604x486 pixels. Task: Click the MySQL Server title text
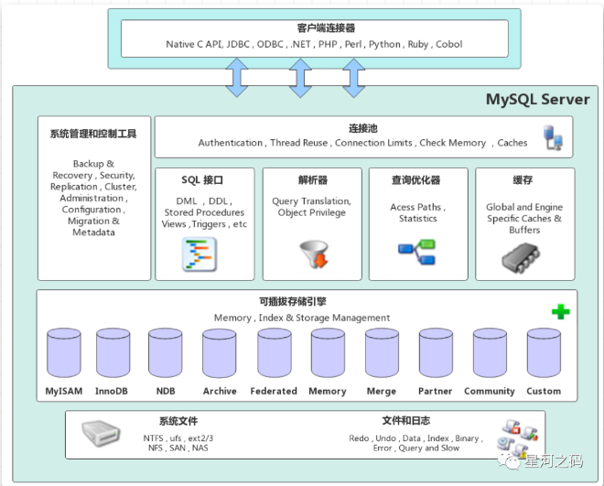pos(537,100)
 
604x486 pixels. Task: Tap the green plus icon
pos(560,311)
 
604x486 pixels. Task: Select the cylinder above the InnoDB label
pos(113,352)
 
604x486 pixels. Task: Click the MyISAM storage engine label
pos(64,391)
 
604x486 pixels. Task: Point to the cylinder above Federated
pos(275,352)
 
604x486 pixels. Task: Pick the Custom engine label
pos(544,391)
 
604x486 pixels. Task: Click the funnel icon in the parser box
pos(314,254)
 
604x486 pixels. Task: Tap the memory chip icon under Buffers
pos(521,257)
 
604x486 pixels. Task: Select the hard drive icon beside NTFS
pos(101,433)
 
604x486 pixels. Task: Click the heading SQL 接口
pos(202,179)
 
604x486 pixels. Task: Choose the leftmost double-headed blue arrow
pos(236,78)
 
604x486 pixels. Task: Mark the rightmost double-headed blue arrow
pos(353,78)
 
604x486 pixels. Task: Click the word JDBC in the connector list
pos(238,44)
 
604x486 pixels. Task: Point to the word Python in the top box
pos(384,44)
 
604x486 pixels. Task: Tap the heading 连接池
pos(363,128)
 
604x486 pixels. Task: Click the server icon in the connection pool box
pos(553,137)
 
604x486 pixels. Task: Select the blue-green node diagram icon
pos(416,252)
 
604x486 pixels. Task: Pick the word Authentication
pos(231,143)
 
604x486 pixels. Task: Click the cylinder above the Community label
pos(490,352)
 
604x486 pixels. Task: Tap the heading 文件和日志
pos(406,420)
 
